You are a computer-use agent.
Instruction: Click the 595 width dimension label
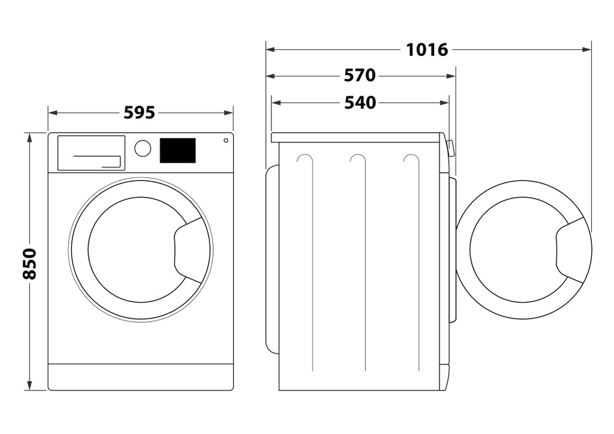[139, 112]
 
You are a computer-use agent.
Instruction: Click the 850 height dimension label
[29, 263]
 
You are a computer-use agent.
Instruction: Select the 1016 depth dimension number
[427, 49]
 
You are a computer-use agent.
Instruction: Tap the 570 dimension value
[359, 76]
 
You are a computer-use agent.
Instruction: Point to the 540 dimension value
[359, 103]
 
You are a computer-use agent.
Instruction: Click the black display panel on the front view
[177, 150]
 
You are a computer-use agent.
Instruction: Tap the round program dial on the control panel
[142, 148]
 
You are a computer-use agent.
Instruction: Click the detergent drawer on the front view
[91, 153]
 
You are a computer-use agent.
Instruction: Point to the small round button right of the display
[225, 141]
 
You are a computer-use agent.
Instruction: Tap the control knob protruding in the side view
[451, 148]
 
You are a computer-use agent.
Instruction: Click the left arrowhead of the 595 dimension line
[52, 112]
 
